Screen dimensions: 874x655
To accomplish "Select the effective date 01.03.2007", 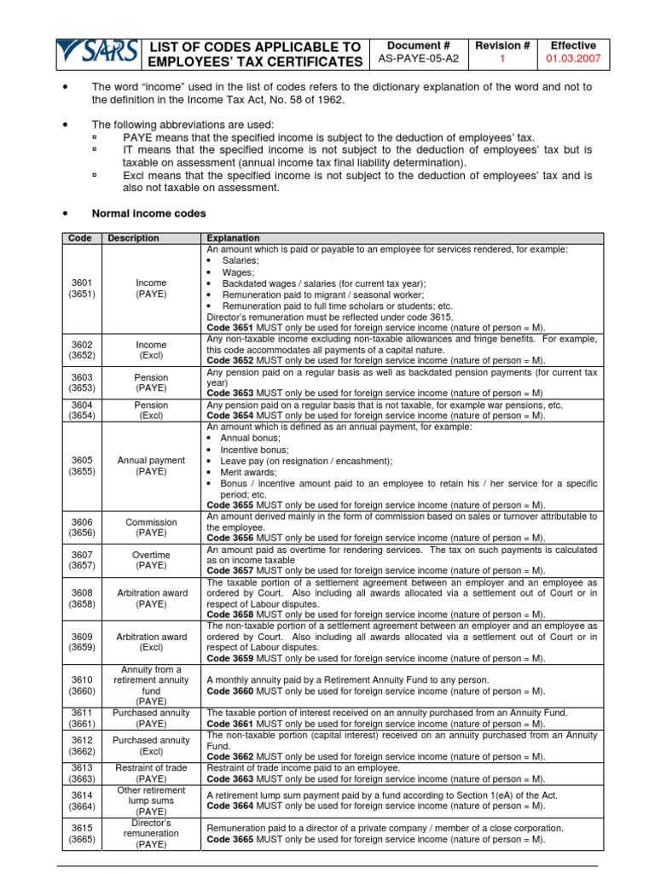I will coord(572,61).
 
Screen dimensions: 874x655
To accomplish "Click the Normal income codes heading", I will coord(148,213).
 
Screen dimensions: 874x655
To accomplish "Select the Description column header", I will coord(133,238).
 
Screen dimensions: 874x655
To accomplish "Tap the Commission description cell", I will coord(151,527).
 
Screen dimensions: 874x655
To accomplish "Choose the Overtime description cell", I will coord(151,560).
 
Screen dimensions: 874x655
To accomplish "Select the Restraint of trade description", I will coord(151,773).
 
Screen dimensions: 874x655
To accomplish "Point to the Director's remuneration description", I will coord(151,832).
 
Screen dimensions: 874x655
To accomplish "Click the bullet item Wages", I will coord(238,272).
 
